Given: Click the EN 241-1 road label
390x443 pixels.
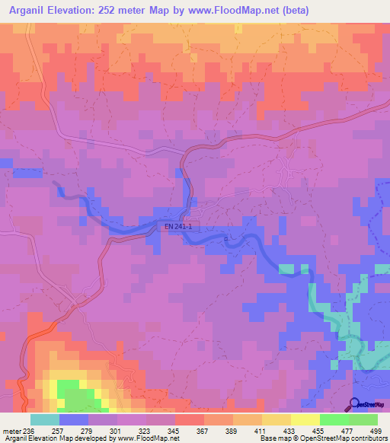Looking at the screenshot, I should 178,226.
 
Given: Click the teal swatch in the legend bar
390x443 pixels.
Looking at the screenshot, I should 45,419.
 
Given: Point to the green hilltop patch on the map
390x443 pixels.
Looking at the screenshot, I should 73,396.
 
